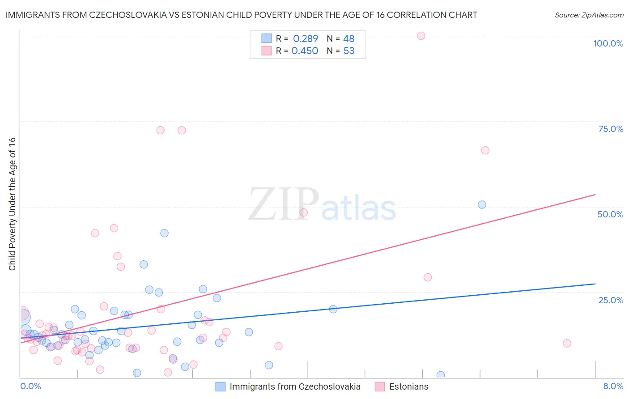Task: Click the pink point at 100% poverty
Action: click(421, 36)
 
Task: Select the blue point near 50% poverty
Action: click(482, 204)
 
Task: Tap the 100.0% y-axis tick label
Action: click(608, 43)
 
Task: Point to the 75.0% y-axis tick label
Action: click(611, 129)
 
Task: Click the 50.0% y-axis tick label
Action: click(610, 214)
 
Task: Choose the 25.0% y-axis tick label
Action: click(611, 300)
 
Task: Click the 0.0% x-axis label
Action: click(30, 386)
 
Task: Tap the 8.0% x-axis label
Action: click(613, 386)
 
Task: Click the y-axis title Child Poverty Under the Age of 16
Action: click(12, 204)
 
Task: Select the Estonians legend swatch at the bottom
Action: click(379, 386)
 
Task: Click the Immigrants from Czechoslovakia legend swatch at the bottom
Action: click(220, 386)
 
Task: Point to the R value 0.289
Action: click(306, 39)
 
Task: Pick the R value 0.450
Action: click(305, 51)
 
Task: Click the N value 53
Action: click(349, 51)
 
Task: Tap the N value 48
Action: click(349, 39)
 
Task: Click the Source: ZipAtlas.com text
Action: click(589, 15)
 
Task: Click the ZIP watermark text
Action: click(283, 204)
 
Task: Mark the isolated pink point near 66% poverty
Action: click(485, 150)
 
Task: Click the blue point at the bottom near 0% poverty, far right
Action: click(441, 375)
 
